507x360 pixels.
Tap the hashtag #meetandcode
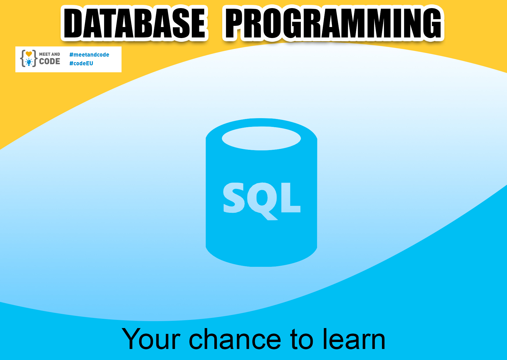89,55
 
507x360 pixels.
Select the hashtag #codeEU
81,63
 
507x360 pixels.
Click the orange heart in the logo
29,54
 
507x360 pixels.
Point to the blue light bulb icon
29,62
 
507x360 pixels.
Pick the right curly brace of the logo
35,58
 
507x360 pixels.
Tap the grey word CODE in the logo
50,61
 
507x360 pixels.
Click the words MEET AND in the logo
50,54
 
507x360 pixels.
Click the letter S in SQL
233,197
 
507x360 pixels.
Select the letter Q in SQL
262,200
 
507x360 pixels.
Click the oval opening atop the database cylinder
261,138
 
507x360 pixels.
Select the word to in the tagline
302,339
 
